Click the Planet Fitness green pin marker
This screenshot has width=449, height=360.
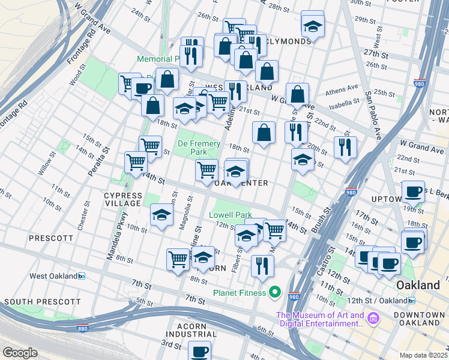click(275, 293)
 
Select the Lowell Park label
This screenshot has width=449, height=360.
click(230, 215)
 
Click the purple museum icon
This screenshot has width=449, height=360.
click(373, 316)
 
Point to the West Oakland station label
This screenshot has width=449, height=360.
click(54, 276)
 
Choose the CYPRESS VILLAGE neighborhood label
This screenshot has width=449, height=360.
click(123, 200)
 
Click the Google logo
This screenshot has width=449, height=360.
click(20, 353)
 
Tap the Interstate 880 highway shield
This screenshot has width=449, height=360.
click(83, 328)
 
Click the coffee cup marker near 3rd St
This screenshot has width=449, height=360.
click(199, 350)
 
